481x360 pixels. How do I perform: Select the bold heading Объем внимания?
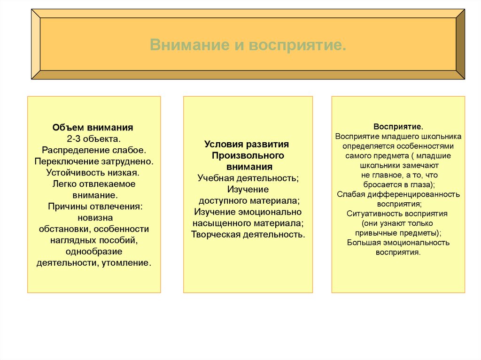click(93, 127)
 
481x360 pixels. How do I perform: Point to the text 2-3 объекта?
click(94, 138)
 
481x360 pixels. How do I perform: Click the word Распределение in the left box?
click(74, 150)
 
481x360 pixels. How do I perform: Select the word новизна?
click(94, 218)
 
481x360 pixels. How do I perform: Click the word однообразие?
click(94, 252)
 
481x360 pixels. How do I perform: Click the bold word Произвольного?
click(248, 155)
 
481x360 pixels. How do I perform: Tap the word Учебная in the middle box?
click(217, 178)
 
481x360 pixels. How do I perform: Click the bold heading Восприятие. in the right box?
click(398, 127)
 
